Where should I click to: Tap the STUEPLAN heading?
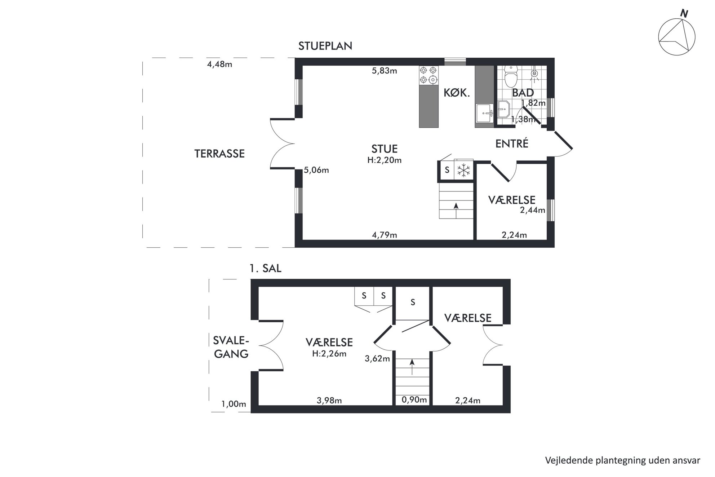(325, 46)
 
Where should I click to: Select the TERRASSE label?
(219, 154)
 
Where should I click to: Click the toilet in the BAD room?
(511, 76)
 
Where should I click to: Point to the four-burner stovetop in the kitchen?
(429, 75)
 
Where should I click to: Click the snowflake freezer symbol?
(463, 170)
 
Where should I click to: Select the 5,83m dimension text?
(384, 71)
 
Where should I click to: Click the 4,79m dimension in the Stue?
(384, 235)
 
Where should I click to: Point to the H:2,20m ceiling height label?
(384, 160)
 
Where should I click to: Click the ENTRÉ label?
(512, 143)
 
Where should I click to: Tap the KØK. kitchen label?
(457, 93)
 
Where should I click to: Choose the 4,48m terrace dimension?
(219, 65)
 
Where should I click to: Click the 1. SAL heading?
(265, 269)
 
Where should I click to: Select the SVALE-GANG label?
(231, 347)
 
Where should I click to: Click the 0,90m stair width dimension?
(414, 399)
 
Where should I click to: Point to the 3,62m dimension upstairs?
(377, 358)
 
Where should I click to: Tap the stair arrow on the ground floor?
(456, 211)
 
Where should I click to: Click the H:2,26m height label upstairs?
(329, 354)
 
